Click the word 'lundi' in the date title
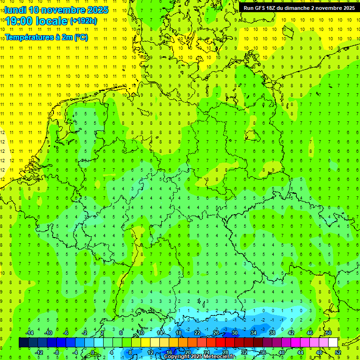15,9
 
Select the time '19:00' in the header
19,21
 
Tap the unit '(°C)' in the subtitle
81,37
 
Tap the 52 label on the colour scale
338,352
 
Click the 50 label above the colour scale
329,333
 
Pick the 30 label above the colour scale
235,333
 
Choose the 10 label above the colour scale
141,333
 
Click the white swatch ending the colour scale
333,342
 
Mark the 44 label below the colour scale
300,352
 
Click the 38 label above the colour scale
272,333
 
